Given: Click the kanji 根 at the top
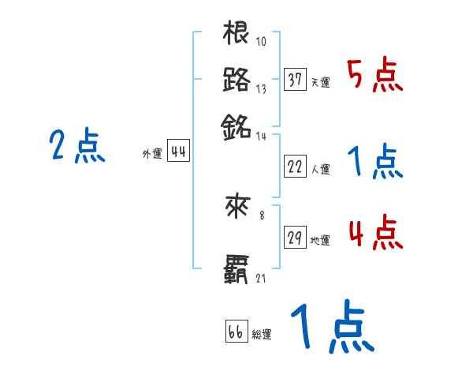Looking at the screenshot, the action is pos(236,35).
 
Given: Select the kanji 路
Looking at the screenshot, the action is pos(236,80).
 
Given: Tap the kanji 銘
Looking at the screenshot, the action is pos(236,126).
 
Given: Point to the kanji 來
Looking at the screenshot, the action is pos(236,207).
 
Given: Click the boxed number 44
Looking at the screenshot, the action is pos(178,153).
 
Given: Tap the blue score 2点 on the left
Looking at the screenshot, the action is pos(76,146).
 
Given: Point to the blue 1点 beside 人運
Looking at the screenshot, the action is pos(375,162).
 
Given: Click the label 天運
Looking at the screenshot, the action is pos(320,82).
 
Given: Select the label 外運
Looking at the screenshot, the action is pos(152,155).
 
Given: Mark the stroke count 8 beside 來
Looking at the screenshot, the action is pos(262,214).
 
